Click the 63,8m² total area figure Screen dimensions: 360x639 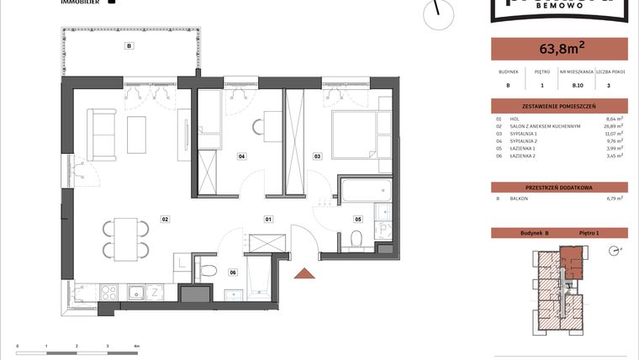[558, 48]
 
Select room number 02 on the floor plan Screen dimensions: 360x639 [166, 219]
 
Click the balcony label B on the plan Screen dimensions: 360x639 [129, 46]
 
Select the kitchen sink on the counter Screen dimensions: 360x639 [134, 292]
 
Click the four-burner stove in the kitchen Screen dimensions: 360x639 [109, 292]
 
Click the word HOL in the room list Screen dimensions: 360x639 [514, 119]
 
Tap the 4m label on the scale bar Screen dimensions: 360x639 [136, 346]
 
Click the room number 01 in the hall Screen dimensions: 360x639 [268, 219]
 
